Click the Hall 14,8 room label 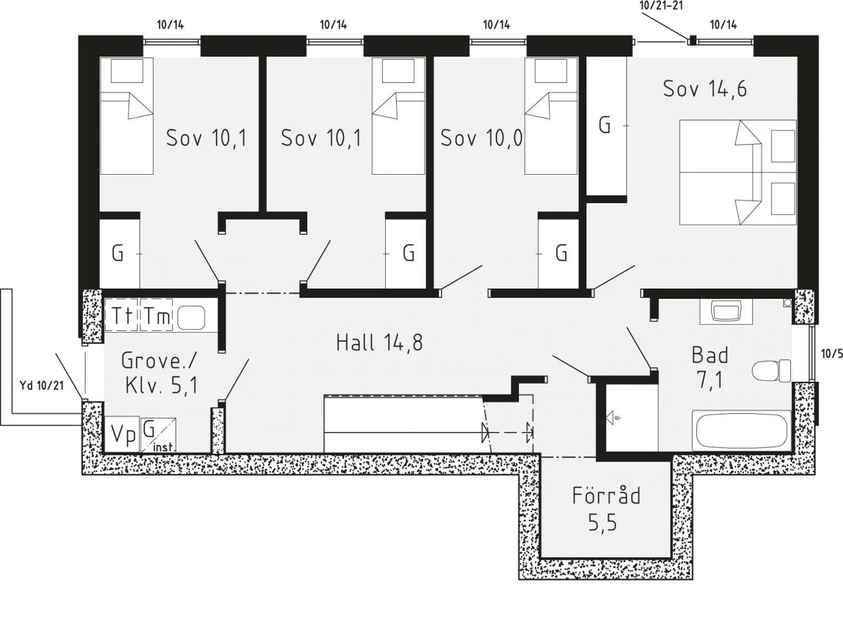pyautogui.click(x=379, y=343)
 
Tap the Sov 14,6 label pyautogui.click(x=705, y=89)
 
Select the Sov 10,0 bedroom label pyautogui.click(x=482, y=138)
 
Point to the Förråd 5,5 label pyautogui.click(x=606, y=508)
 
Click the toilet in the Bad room pyautogui.click(x=772, y=371)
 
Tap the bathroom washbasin pyautogui.click(x=727, y=312)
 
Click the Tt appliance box pyautogui.click(x=121, y=316)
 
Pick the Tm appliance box pyautogui.click(x=156, y=316)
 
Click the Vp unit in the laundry pyautogui.click(x=122, y=434)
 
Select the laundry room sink pyautogui.click(x=191, y=317)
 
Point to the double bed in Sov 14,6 pyautogui.click(x=738, y=172)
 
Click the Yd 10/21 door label pyautogui.click(x=42, y=385)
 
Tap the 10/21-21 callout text pyautogui.click(x=661, y=5)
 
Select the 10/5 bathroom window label pyautogui.click(x=831, y=353)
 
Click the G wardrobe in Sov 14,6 pyautogui.click(x=606, y=126)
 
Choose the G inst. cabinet pyautogui.click(x=158, y=435)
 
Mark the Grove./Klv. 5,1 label pyautogui.click(x=159, y=373)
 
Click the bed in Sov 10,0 pyautogui.click(x=551, y=116)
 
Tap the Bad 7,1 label pyautogui.click(x=710, y=368)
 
